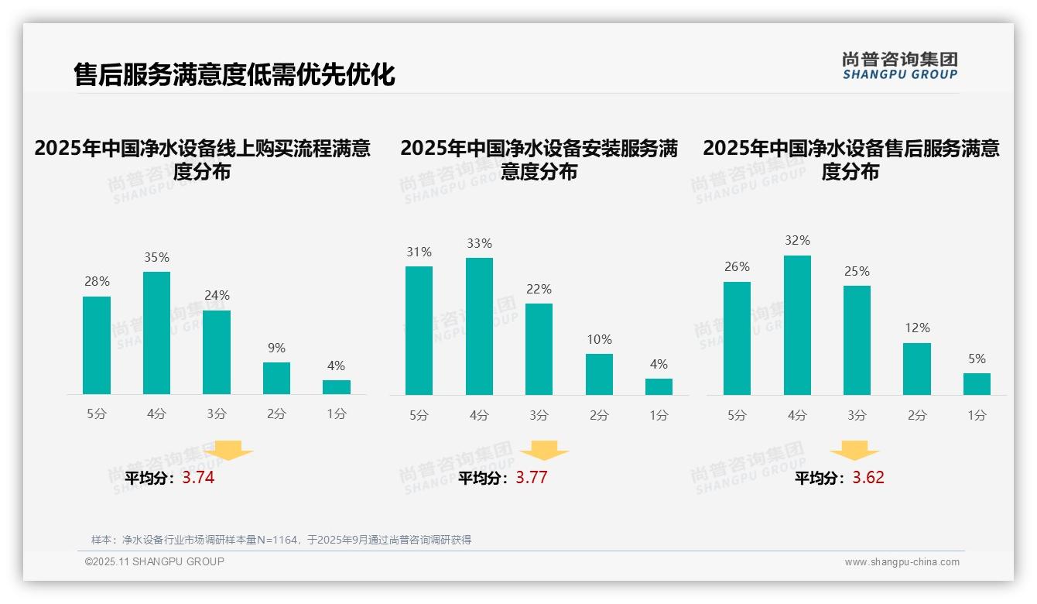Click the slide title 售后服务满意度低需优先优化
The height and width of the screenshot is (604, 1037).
[234, 75]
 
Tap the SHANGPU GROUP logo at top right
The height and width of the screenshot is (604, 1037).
[899, 66]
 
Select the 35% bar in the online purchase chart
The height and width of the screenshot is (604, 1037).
[156, 333]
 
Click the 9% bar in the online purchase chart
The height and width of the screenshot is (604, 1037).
[276, 378]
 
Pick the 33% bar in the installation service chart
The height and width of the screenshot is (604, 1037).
[479, 326]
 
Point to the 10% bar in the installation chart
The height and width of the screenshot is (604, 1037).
[599, 374]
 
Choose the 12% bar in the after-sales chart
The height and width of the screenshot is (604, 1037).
[916, 369]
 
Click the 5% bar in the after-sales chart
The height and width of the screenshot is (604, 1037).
[977, 384]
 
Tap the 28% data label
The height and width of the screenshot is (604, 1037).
[97, 282]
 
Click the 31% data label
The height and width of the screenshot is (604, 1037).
[419, 252]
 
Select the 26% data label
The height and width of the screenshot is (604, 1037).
[737, 267]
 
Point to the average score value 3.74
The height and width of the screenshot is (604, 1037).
[198, 478]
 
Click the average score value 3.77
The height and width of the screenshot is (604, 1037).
[531, 478]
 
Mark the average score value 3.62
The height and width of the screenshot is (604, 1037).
[868, 478]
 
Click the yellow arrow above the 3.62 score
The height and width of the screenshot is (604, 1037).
[854, 451]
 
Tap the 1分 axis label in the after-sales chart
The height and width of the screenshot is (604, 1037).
[977, 415]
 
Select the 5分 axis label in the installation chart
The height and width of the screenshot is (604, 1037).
[419, 415]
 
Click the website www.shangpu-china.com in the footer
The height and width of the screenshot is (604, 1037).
[902, 562]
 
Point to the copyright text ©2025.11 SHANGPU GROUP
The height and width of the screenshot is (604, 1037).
[155, 561]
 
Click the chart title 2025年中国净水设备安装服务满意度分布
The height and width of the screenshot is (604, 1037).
[539, 160]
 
